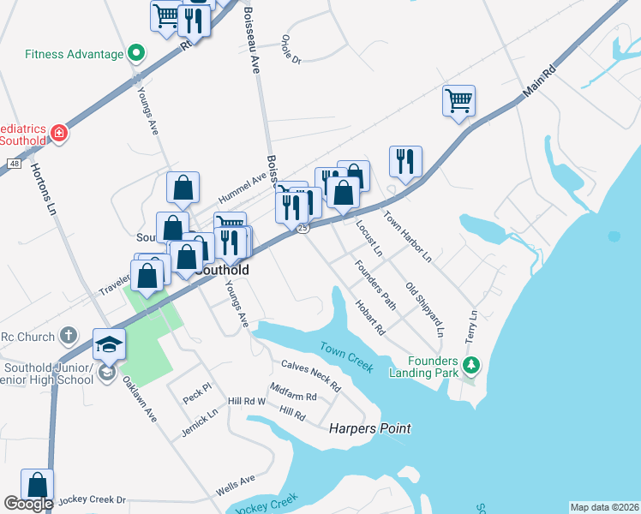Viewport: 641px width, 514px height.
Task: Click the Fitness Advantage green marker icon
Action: tap(135, 54)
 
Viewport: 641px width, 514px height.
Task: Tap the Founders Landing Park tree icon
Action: tap(470, 366)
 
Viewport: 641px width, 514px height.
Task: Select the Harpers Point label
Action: tap(370, 428)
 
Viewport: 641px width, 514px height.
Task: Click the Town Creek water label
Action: tap(346, 357)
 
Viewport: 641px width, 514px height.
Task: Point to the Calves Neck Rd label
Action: tap(310, 374)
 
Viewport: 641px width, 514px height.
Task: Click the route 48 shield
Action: tap(14, 163)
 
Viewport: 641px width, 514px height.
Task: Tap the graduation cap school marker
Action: tap(109, 344)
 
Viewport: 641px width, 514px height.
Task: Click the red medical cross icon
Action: tap(58, 134)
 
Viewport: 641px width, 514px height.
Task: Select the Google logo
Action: tap(28, 504)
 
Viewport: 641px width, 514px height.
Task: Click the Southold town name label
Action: tap(222, 270)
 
